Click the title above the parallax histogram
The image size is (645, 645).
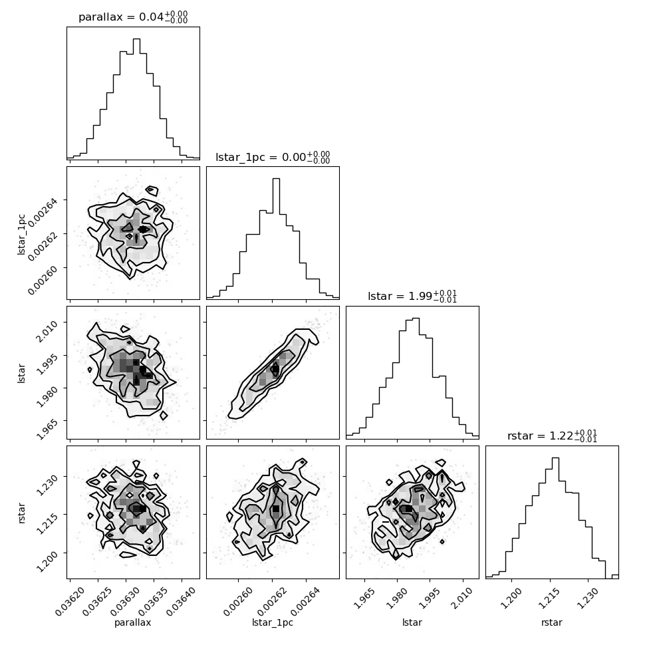(133, 17)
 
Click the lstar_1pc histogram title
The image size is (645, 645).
(273, 157)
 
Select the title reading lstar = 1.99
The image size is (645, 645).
(412, 296)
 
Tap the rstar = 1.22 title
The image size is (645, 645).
(552, 436)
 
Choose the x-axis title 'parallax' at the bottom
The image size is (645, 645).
(133, 623)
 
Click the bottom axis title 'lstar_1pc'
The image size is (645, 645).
(273, 623)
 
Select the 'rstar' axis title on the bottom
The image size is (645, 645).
(552, 623)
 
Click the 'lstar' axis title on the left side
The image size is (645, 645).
(21, 373)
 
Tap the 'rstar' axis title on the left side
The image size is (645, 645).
(21, 513)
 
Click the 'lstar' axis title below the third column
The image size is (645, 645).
(412, 622)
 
